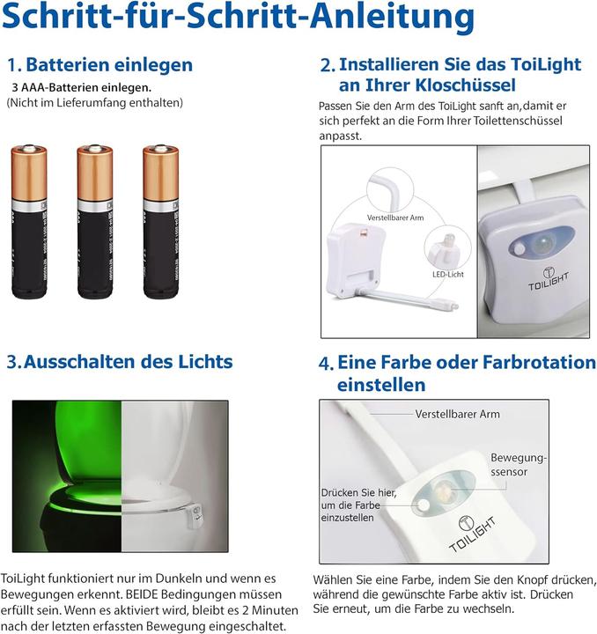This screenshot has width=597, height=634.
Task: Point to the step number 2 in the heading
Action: pyautogui.click(x=327, y=66)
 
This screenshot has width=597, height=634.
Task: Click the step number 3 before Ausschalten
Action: pyautogui.click(x=13, y=363)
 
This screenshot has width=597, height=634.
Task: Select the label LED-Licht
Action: pyautogui.click(x=447, y=274)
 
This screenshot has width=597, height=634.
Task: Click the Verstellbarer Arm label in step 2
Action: pyautogui.click(x=394, y=217)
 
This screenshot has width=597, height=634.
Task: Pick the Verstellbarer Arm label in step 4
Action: pyautogui.click(x=458, y=414)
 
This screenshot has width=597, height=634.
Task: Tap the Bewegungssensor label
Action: pyautogui.click(x=519, y=466)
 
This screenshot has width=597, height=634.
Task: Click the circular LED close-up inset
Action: pyautogui.click(x=443, y=246)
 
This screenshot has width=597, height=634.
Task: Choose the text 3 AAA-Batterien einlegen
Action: pyautogui.click(x=81, y=87)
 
